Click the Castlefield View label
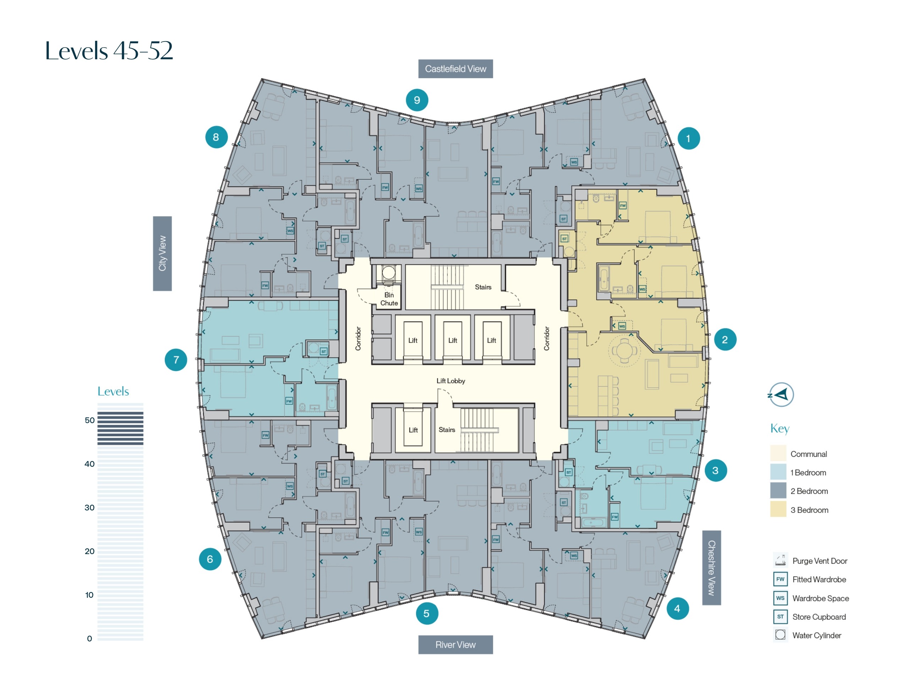coord(455,69)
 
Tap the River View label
coord(455,645)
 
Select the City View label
coord(162,253)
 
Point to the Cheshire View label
coord(711,568)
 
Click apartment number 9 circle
coord(417,100)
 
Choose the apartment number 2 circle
coord(725,339)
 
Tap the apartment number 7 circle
coord(176,360)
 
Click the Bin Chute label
coord(389,299)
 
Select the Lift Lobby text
coord(451,381)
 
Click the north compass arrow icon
coord(781,395)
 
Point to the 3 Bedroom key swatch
coord(778,510)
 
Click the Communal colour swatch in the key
coord(778,453)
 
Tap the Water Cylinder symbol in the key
coord(780,635)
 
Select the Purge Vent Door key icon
coord(780,560)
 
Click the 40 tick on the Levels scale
coord(89,464)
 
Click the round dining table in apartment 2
coord(624,350)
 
